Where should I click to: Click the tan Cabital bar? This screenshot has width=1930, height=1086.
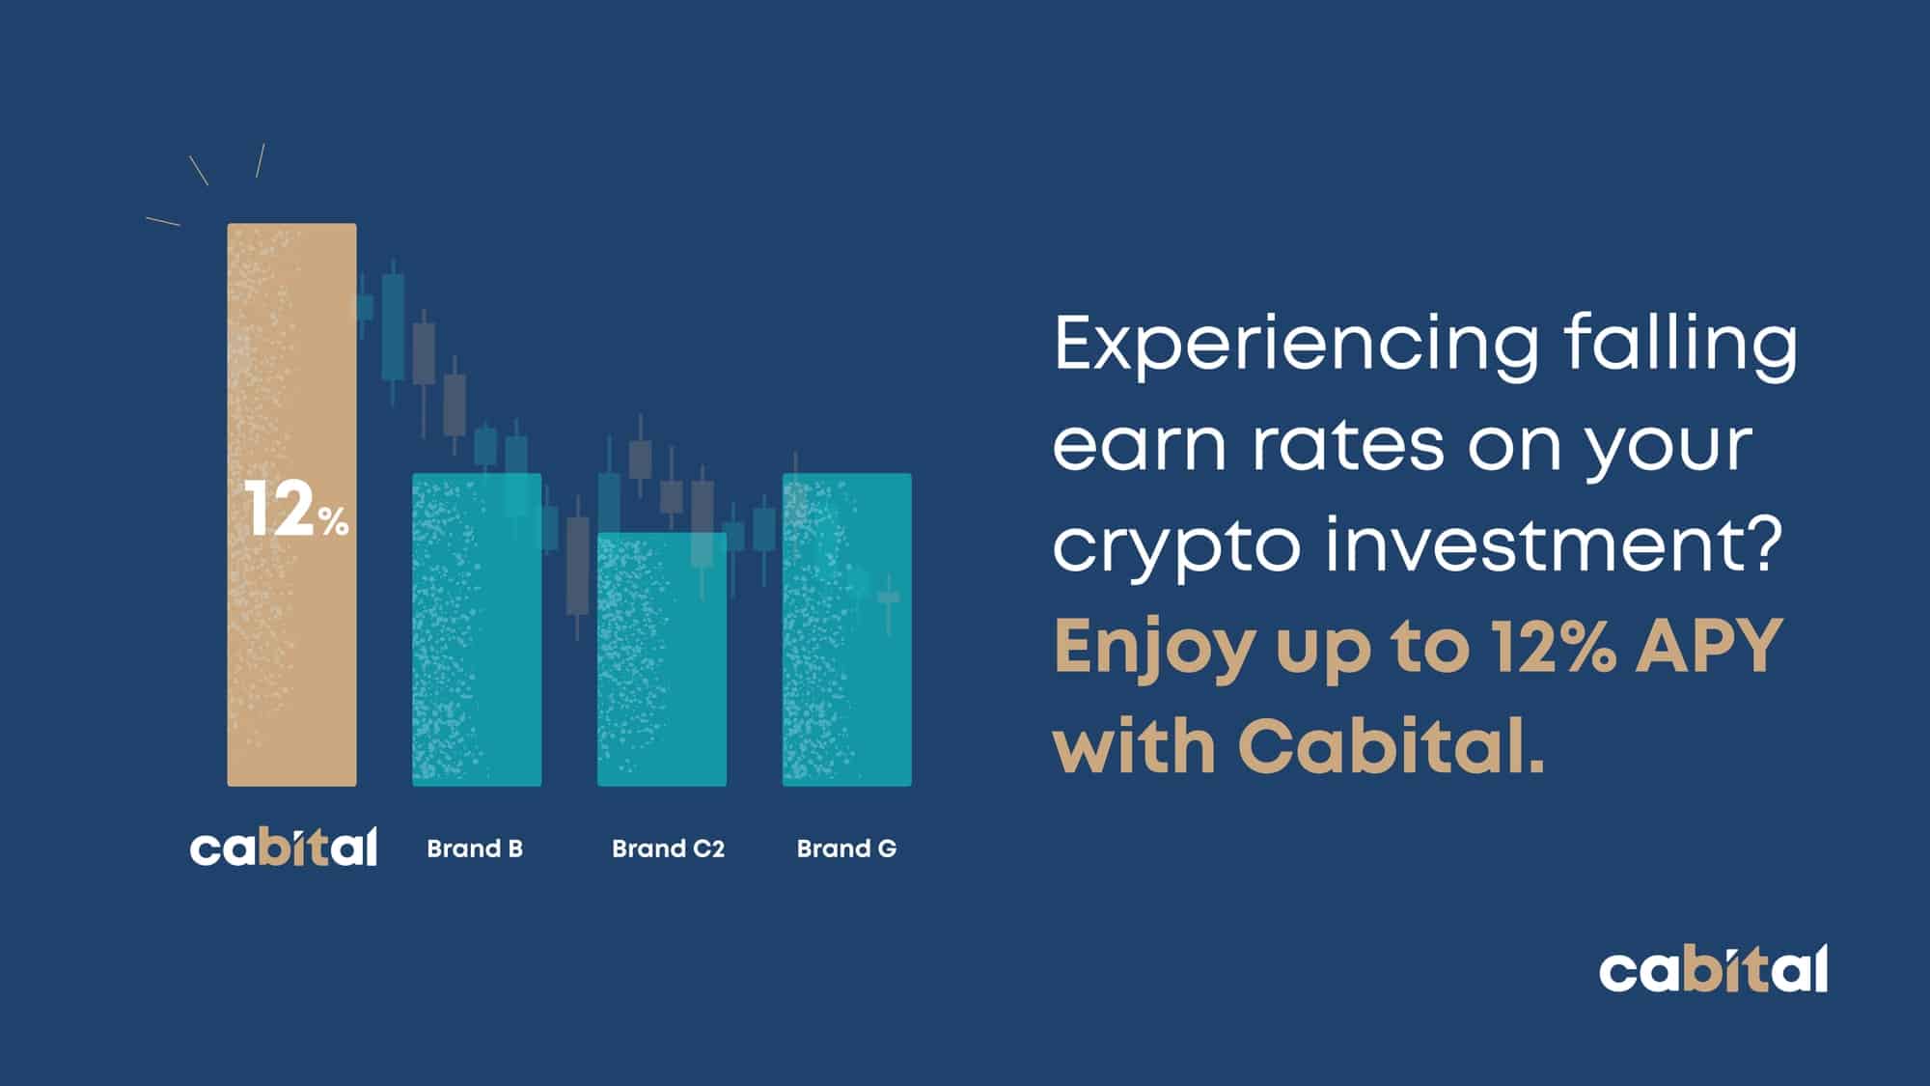point(291,505)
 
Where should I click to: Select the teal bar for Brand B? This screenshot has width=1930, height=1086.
point(477,629)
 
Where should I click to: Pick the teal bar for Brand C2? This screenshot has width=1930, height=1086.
point(662,659)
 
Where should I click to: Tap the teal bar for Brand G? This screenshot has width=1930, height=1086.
point(847,629)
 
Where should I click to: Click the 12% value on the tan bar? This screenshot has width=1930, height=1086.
point(296,509)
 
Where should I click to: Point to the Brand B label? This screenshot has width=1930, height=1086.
point(475,849)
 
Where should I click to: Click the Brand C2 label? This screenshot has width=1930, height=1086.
point(668,849)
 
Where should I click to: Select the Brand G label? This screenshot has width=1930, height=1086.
point(846,849)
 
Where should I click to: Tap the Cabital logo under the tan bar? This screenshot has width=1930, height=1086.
point(284,847)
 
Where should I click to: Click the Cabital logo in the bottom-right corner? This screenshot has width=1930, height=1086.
point(1713,969)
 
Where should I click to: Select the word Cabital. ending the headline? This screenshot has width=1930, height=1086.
point(1392,745)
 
